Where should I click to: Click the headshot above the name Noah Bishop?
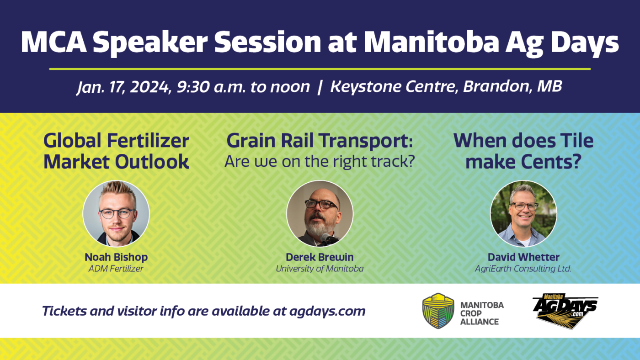[x=116, y=213]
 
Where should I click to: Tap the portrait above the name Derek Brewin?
[x=320, y=213]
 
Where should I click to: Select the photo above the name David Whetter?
[x=523, y=213]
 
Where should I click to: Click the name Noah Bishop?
[x=116, y=257]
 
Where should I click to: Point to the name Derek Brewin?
[x=320, y=257]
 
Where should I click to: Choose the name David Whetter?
[x=523, y=257]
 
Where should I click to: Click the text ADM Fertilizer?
[x=116, y=269]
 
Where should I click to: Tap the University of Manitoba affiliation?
[x=320, y=269]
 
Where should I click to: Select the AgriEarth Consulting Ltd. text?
[x=523, y=269]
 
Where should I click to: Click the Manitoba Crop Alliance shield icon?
[x=438, y=311]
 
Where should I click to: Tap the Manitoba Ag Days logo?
[x=565, y=311]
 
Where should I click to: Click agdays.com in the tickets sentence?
[x=327, y=311]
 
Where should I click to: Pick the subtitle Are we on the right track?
[x=320, y=161]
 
